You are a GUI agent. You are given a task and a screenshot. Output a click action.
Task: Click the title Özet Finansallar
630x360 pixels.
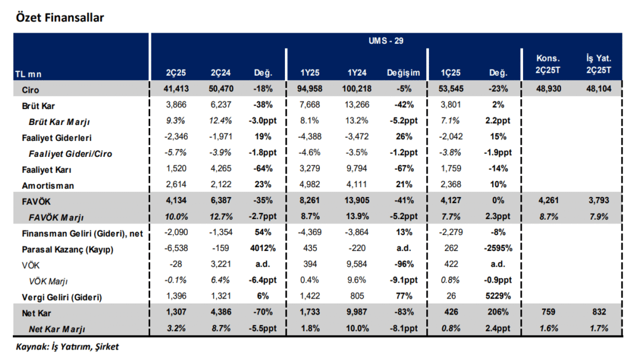(59, 17)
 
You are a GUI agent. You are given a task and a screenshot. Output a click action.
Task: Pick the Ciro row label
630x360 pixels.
(31, 90)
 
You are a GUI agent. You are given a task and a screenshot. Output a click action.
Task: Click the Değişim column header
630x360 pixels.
(403, 73)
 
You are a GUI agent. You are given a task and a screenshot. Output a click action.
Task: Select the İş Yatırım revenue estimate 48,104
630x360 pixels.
(597, 90)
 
